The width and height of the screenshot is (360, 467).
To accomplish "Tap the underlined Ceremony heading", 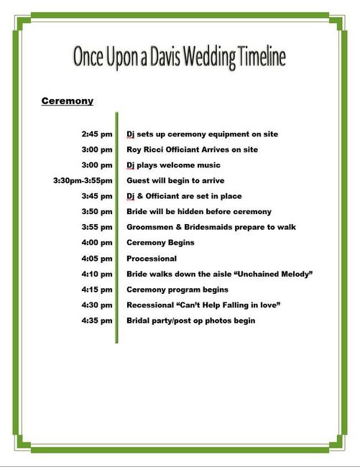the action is point(68,101).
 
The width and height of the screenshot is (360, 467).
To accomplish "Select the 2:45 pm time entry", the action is point(97,134).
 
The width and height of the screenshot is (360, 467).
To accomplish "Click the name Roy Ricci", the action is point(144,149).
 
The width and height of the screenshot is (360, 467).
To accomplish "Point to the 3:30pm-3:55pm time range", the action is point(83,180).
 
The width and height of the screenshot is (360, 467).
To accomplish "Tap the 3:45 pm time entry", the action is point(97,196).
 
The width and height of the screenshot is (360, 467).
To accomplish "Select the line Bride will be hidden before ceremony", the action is point(198,211).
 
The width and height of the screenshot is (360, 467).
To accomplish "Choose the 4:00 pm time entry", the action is point(97,243).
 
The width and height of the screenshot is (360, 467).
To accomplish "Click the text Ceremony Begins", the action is point(160,243).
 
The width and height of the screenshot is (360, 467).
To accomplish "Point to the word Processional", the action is point(152,259).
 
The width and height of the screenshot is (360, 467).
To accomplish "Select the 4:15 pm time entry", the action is point(97,290).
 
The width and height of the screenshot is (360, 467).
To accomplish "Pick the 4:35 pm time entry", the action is point(97,320).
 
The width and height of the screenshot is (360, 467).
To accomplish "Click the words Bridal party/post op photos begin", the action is point(190,320).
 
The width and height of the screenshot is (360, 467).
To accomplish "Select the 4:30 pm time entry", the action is point(97,305).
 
